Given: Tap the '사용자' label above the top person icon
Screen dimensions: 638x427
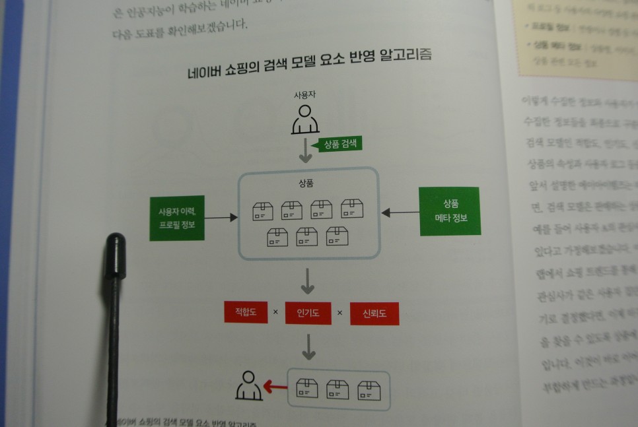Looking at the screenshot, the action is coord(305,95).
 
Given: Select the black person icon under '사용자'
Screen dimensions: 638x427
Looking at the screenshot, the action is coord(305,119).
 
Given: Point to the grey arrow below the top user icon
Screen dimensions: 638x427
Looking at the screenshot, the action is coord(305,150).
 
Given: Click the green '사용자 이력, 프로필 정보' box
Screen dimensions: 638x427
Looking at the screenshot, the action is coord(177,218).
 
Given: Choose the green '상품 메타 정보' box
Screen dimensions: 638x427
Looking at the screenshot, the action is coord(450,211).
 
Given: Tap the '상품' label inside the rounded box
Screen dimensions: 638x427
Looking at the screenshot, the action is coord(306,182).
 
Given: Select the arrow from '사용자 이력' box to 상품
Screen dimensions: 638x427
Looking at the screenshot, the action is coord(221,216).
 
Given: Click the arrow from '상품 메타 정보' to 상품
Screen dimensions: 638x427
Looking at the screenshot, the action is coord(400,213).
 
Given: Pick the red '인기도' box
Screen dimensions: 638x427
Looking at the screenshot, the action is coord(308,313).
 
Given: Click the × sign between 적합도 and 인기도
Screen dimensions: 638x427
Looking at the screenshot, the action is coord(275,312).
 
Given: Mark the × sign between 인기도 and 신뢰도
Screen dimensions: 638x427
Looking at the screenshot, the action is coord(340,313).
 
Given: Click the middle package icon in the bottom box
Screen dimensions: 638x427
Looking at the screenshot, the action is coord(337,389).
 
